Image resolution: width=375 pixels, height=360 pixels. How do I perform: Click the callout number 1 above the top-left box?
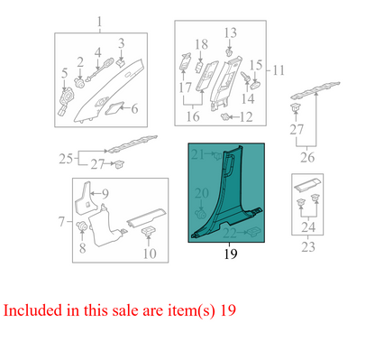click(x=99, y=22)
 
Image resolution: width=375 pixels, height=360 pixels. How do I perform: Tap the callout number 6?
click(x=134, y=108)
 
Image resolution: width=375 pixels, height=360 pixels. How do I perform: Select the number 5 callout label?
click(x=65, y=73)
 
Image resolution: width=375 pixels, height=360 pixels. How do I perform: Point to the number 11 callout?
click(x=279, y=70)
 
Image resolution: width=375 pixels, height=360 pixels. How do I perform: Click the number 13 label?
click(x=231, y=32)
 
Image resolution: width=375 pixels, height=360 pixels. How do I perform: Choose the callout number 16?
click(x=193, y=116)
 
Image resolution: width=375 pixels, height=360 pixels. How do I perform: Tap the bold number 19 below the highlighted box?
click(x=231, y=254)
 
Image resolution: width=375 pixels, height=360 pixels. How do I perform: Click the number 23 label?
click(x=308, y=247)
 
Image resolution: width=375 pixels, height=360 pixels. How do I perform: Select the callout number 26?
click(x=307, y=157)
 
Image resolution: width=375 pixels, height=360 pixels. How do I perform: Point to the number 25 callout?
click(x=66, y=159)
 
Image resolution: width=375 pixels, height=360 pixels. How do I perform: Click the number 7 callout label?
click(x=61, y=222)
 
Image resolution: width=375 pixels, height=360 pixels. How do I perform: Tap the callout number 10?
click(x=150, y=254)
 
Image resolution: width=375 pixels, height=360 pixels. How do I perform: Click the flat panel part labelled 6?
click(x=114, y=107)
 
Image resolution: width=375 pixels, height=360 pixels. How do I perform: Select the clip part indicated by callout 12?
click(x=224, y=116)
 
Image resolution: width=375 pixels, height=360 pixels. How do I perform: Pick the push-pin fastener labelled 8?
click(x=81, y=226)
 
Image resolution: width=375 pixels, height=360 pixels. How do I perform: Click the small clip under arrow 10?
click(x=149, y=231)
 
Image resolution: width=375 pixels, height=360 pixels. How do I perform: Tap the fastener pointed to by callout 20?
click(x=200, y=214)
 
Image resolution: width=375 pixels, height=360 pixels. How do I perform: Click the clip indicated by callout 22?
click(x=254, y=231)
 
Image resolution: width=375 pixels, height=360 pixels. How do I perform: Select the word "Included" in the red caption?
click(x=32, y=310)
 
